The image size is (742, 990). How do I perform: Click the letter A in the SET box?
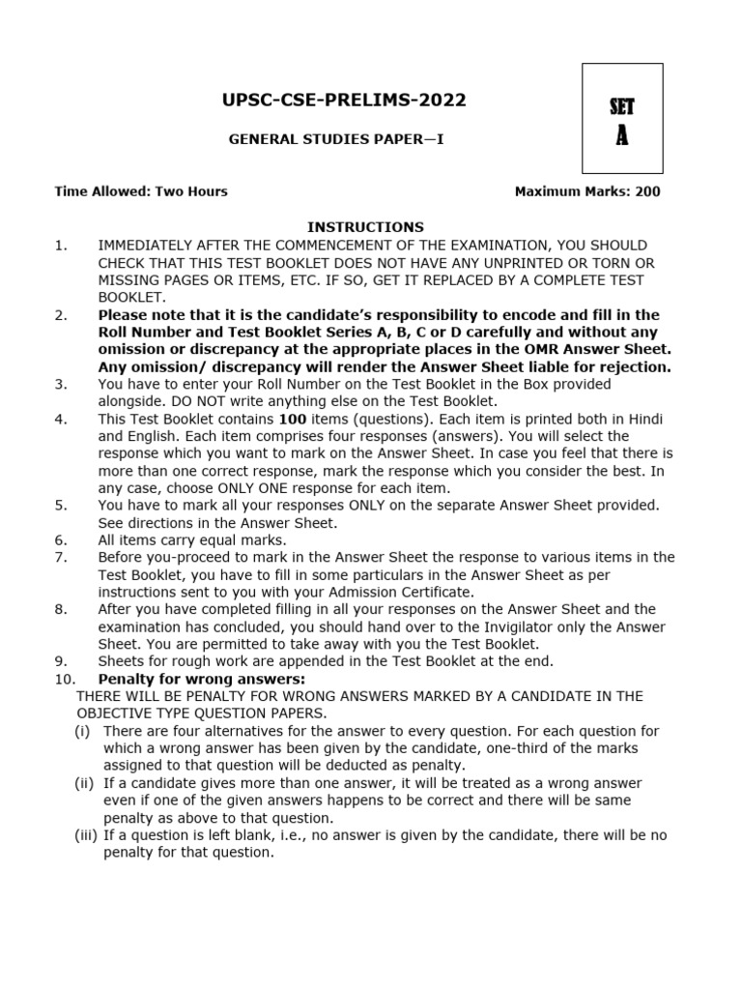pyautogui.click(x=622, y=136)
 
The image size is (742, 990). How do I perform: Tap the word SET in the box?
pyautogui.click(x=622, y=107)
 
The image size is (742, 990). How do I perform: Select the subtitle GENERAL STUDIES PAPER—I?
pyautogui.click(x=336, y=140)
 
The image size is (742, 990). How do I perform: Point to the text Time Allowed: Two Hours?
pyautogui.click(x=141, y=191)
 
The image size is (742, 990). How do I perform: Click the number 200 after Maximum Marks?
pyautogui.click(x=647, y=191)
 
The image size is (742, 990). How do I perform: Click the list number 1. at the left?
pyautogui.click(x=62, y=246)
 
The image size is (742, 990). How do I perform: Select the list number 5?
pyautogui.click(x=62, y=506)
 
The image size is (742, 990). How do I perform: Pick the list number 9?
pyautogui.click(x=62, y=661)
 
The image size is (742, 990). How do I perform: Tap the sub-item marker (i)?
pyautogui.click(x=83, y=731)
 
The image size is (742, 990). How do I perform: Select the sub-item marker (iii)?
pyautogui.click(x=86, y=835)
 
